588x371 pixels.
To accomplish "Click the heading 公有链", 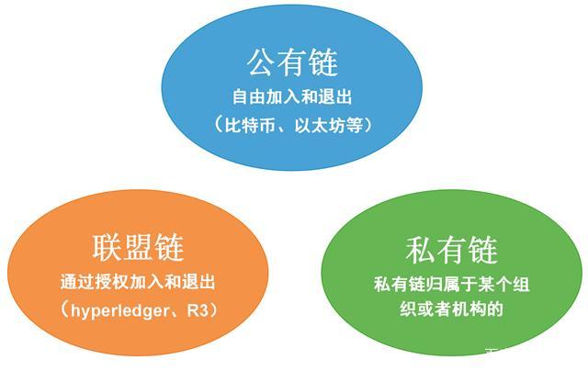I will [x=292, y=62].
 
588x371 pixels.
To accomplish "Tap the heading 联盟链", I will [x=139, y=247].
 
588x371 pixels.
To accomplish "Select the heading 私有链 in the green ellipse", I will [x=450, y=250].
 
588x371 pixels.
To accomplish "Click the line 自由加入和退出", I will [x=292, y=96].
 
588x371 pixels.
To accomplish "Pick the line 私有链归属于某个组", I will [x=451, y=285].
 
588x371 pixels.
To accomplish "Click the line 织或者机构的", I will [x=451, y=309].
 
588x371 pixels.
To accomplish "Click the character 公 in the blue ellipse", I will [x=261, y=62].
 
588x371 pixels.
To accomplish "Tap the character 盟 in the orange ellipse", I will [x=139, y=247].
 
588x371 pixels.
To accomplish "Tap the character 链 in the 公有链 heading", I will [x=323, y=62].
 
